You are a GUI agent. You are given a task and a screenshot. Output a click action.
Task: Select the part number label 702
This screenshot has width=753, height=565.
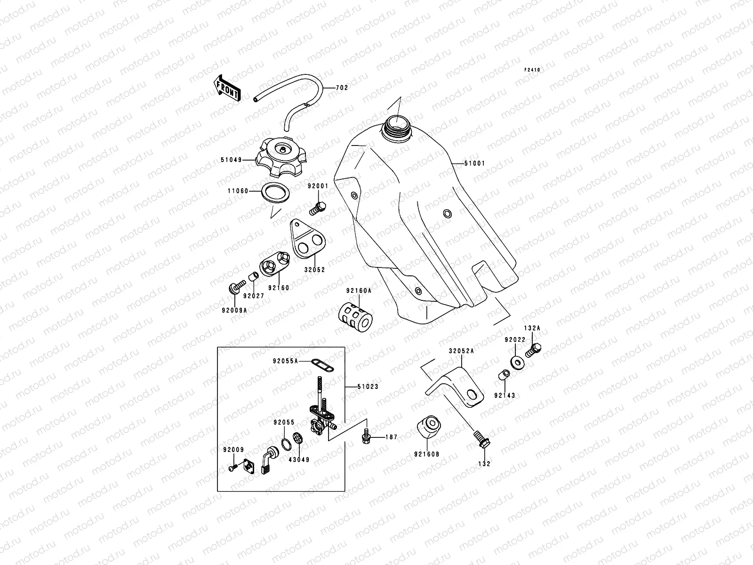click(x=342, y=88)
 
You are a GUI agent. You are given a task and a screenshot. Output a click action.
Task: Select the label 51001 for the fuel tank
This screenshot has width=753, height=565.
click(x=474, y=163)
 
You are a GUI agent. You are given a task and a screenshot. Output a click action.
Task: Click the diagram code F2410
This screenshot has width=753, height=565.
click(x=533, y=70)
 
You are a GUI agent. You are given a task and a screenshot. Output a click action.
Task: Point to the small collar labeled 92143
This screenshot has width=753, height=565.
click(x=502, y=376)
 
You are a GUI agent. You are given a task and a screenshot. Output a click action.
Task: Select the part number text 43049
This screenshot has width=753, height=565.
click(x=300, y=459)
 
